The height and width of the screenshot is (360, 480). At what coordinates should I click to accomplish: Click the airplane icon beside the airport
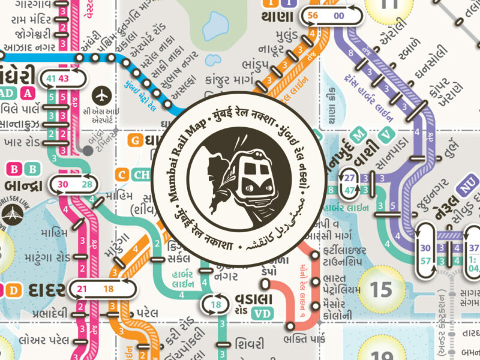(103, 94)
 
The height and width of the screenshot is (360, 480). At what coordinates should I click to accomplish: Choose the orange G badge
(136, 141)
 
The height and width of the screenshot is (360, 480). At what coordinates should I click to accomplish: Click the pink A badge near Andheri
(27, 93)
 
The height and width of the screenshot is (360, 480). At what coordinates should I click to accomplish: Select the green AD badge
(6, 93)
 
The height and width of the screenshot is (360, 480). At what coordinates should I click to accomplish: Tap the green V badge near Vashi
(388, 133)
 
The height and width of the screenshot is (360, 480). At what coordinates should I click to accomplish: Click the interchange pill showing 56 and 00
(334, 16)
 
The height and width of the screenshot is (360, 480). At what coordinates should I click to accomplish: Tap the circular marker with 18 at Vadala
(216, 304)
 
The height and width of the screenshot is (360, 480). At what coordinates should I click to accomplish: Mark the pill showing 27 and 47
(350, 183)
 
